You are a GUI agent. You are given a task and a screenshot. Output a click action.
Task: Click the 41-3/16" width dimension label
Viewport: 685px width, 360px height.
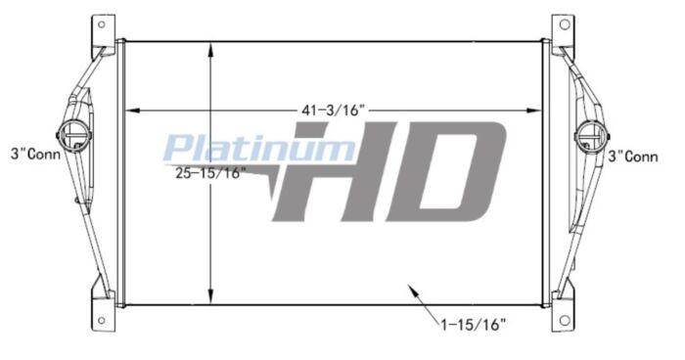[333, 111]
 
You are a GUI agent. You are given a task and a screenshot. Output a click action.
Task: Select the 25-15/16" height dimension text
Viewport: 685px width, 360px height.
[208, 173]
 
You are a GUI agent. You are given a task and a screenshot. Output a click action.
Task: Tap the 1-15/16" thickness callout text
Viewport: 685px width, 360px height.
[474, 324]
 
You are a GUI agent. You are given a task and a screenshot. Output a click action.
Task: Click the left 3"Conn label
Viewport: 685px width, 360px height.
[36, 154]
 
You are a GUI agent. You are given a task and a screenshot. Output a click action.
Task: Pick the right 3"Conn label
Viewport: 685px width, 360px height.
[633, 157]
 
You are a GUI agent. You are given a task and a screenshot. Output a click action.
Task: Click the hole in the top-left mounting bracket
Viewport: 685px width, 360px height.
[102, 24]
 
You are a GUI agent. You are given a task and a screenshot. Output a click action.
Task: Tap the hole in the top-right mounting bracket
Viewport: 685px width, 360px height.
[565, 24]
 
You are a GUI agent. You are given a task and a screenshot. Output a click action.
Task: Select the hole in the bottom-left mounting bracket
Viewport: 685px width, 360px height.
[102, 321]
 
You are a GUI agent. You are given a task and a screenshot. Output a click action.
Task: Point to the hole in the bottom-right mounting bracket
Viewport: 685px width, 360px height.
[565, 321]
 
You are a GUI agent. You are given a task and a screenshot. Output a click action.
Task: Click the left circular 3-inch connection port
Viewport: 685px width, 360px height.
[73, 135]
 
